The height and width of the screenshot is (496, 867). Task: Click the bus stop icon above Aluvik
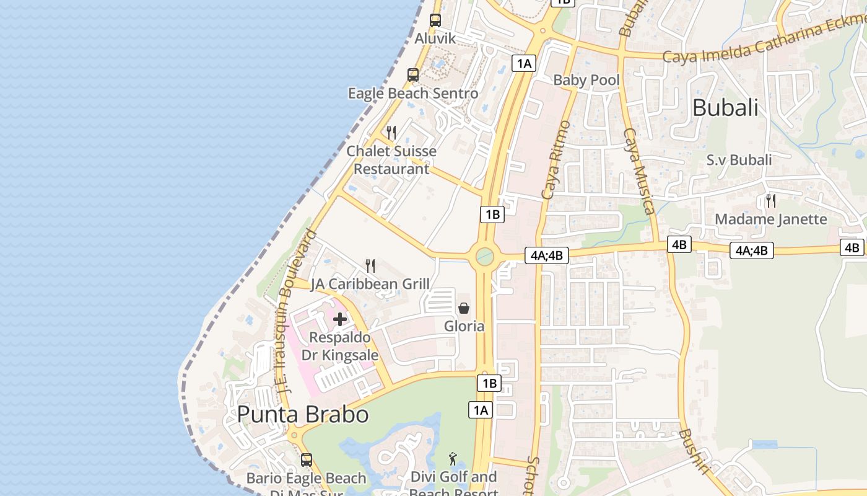[x=435, y=20]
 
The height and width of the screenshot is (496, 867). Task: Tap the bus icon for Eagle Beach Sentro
[x=413, y=75]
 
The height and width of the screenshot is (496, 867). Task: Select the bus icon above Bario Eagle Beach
[x=307, y=460]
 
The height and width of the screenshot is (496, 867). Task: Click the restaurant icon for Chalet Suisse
[x=391, y=133]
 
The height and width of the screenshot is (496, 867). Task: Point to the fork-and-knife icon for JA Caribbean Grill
[x=370, y=266]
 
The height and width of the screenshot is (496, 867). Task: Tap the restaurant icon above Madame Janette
[x=771, y=200]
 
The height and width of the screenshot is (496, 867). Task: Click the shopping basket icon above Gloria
[x=464, y=308]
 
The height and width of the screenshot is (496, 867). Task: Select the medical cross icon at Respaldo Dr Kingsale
[x=340, y=319]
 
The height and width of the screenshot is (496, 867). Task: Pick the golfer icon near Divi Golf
[x=453, y=459]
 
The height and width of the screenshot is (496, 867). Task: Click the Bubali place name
[x=725, y=107]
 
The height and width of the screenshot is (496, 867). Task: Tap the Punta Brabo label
[x=303, y=414]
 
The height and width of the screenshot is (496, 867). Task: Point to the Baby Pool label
[x=586, y=79]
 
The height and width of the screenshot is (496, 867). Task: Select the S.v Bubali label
[x=739, y=160]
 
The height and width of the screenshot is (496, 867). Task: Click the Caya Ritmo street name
[x=555, y=161]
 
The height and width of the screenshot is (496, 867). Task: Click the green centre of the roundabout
[x=484, y=256]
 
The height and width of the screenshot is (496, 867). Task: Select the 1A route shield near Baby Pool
[x=523, y=63]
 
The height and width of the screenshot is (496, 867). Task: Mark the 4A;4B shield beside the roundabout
[x=546, y=255]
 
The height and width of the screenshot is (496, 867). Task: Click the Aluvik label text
[x=435, y=38]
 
